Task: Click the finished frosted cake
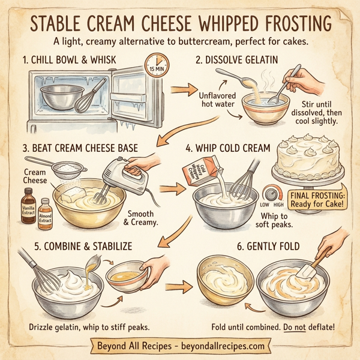[x=308, y=160]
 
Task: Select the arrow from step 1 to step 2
[x=181, y=91]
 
